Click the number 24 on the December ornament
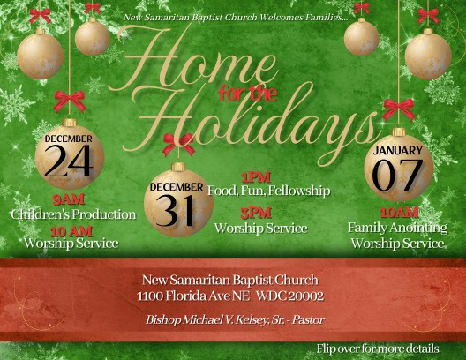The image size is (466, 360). [x=68, y=161]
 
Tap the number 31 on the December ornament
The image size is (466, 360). [x=175, y=210]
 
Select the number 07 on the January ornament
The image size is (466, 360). [x=398, y=176]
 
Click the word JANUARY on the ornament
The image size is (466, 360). [x=398, y=150]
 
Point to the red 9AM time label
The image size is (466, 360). [x=68, y=199]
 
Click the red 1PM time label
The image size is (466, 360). [x=256, y=177]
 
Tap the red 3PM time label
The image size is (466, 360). [x=256, y=213]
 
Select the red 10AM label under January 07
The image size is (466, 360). [x=399, y=213]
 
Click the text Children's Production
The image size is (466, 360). [x=73, y=214]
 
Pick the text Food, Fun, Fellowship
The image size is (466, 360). [x=269, y=191]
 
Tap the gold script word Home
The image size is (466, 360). [x=193, y=63]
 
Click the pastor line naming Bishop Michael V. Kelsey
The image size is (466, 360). [x=235, y=319]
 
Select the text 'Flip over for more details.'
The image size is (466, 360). [x=379, y=349]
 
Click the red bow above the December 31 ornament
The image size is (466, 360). [x=178, y=144]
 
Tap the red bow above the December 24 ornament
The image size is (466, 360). [x=70, y=101]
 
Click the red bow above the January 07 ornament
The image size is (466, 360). [x=399, y=109]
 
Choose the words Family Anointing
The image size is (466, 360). [x=397, y=228]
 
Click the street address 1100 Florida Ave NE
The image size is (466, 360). [x=193, y=296]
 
